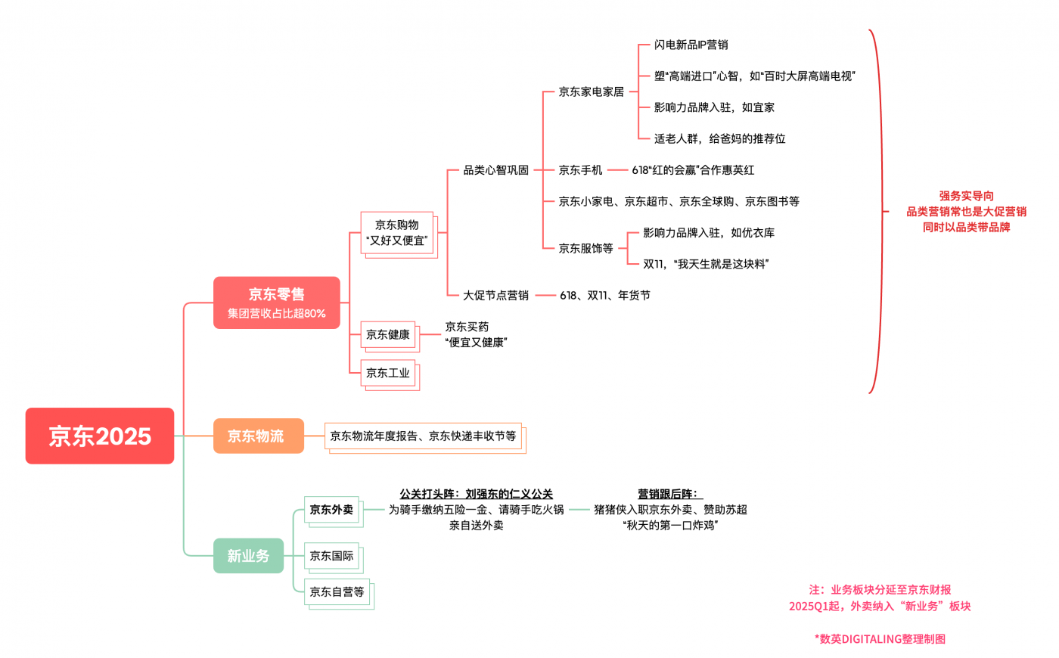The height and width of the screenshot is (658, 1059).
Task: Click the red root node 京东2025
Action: [100, 436]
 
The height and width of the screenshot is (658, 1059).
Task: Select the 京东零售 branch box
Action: [276, 303]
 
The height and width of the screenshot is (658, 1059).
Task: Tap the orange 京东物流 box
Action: [258, 436]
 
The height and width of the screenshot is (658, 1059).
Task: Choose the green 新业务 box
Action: [248, 556]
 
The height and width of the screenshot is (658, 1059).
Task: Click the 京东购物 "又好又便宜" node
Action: [397, 233]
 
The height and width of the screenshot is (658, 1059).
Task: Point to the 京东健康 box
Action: [388, 334]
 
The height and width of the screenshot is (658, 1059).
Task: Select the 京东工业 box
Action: [388, 373]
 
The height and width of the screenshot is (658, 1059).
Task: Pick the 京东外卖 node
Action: [331, 510]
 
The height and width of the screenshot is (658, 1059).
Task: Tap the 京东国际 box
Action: [331, 556]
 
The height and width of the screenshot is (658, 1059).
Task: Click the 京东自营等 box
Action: [337, 592]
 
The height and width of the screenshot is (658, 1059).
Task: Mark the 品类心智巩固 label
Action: [496, 170]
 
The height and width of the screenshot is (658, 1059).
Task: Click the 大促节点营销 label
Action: [496, 295]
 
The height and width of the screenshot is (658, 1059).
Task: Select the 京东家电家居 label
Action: [592, 92]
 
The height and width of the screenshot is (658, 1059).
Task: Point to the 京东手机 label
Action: [581, 170]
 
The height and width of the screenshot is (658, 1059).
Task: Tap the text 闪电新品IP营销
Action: [691, 45]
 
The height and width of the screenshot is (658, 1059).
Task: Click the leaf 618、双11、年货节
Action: [605, 295]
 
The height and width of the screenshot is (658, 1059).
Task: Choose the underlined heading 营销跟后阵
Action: [670, 494]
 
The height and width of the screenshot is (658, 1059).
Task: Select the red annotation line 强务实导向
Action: [966, 196]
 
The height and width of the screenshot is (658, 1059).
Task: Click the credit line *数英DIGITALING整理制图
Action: [880, 639]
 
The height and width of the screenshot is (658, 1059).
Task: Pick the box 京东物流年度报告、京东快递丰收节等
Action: [423, 436]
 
